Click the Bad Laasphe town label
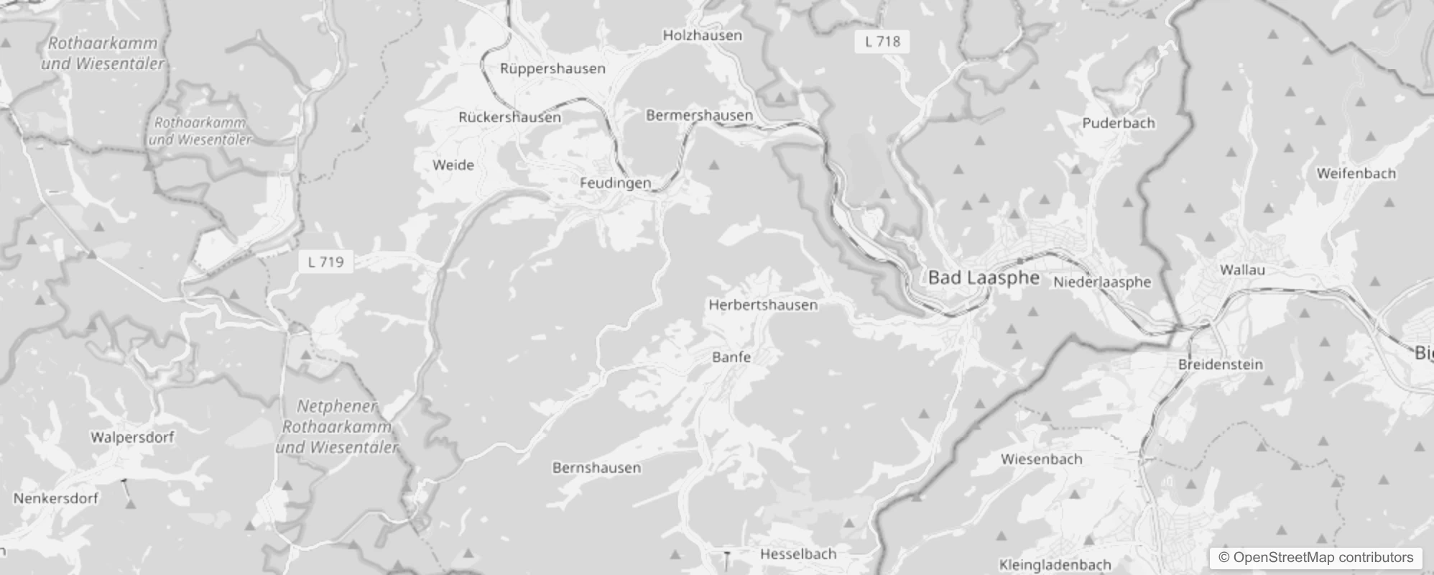(984, 278)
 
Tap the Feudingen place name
(615, 183)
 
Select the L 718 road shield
(882, 42)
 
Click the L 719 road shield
(325, 262)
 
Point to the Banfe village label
(731, 357)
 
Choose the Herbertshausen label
(763, 305)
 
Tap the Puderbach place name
(1119, 123)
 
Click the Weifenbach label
(1356, 173)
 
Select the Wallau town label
(1242, 270)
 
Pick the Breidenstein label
(1220, 364)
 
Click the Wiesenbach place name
(1041, 459)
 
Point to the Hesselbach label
(798, 554)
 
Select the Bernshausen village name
(596, 468)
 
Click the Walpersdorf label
(132, 437)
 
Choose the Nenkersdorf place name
(56, 498)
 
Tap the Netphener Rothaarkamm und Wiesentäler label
(337, 427)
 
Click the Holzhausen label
(702, 35)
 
